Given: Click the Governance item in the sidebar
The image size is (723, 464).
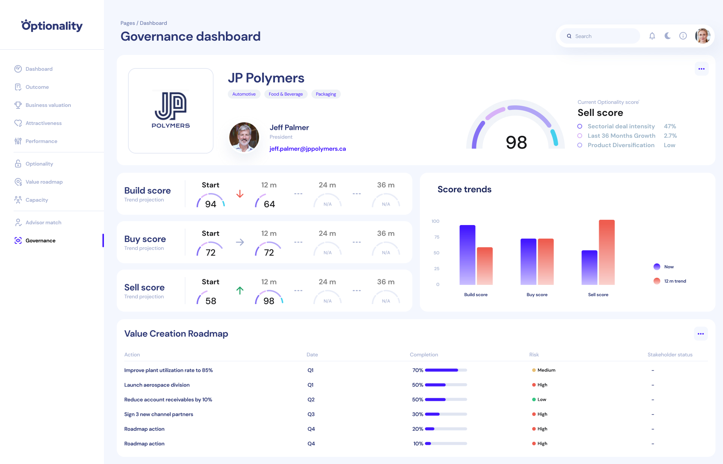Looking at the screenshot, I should (40, 240).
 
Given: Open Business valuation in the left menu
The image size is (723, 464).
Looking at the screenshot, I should (48, 105).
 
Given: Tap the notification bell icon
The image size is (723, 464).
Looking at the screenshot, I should (652, 36).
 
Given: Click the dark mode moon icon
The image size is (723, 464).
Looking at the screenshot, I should (668, 36).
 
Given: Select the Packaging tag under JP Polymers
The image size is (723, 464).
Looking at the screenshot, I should (326, 94).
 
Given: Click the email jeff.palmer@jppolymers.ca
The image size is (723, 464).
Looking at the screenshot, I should (308, 149).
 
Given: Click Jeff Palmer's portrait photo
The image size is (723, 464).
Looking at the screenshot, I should (244, 137).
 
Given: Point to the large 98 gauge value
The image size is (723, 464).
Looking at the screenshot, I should (516, 142).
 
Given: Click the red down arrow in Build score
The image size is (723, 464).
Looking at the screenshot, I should (240, 194).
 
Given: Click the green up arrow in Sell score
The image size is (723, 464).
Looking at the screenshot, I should (240, 291).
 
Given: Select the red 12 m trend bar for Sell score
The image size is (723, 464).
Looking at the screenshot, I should (607, 252).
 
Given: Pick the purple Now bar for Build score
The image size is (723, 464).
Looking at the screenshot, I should (467, 255).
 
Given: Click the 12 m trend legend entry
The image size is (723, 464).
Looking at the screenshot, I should (675, 281).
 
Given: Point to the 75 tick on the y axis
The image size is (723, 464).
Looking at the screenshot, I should (437, 237).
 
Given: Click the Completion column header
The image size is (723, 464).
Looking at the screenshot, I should (424, 354).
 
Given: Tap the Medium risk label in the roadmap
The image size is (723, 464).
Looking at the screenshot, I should (546, 370).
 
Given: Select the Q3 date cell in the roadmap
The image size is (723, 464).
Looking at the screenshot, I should (311, 414).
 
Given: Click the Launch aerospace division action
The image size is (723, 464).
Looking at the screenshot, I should (157, 385).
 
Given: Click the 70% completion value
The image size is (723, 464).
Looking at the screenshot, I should (418, 370).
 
